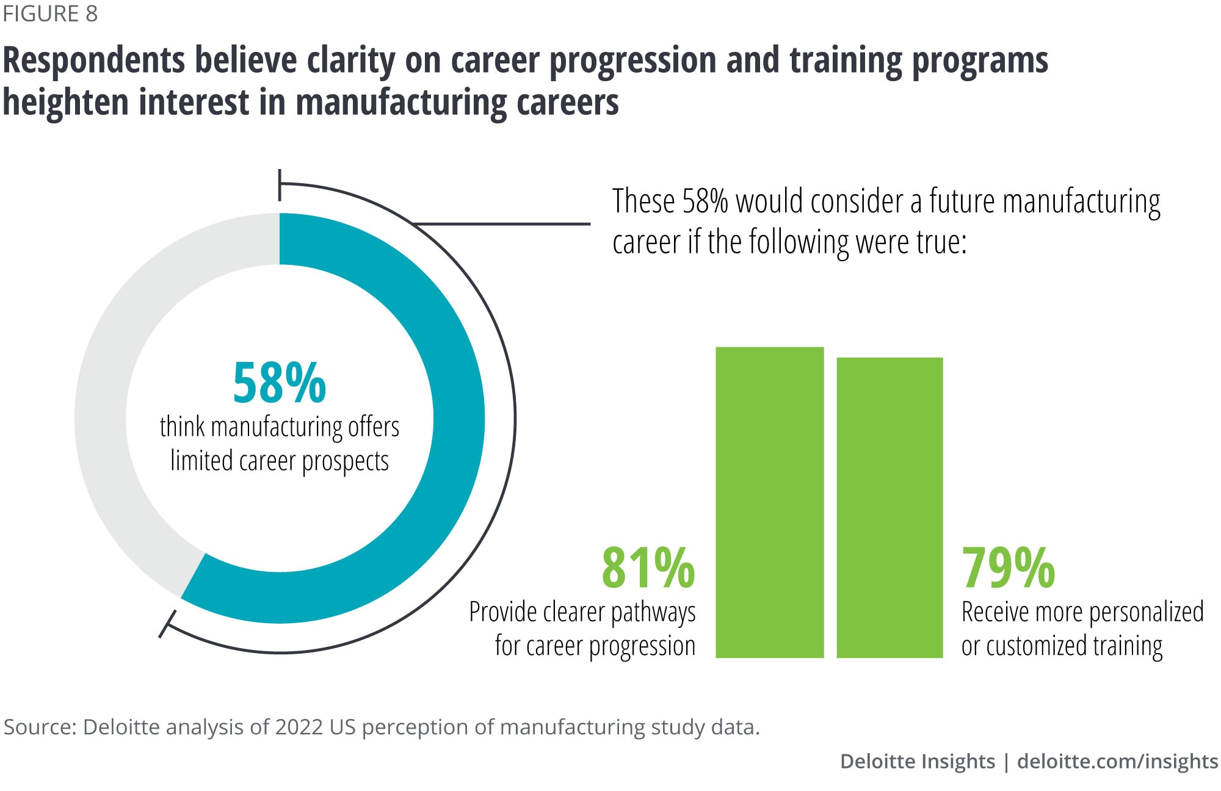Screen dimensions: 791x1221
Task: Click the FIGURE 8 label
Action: pos(50,13)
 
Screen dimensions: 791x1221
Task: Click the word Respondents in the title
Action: pos(94,61)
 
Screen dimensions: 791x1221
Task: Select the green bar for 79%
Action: pos(889,507)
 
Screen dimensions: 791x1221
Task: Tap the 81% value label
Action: pos(648,568)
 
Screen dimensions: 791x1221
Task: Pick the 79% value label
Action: pos(1008,568)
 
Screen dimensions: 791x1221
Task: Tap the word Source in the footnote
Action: pos(38,727)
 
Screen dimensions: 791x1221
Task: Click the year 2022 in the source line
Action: pos(299,727)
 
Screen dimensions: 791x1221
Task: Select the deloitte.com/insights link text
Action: pos(1117,761)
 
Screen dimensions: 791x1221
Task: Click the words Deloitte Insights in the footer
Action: pos(917,761)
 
